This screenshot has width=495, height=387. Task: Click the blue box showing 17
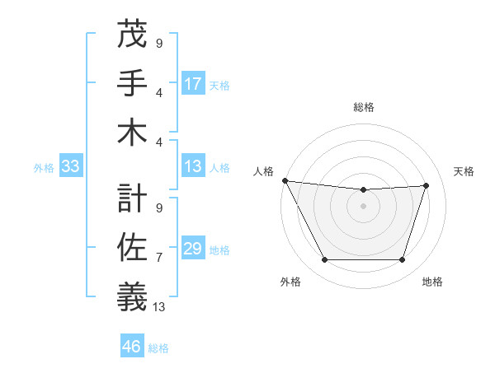193,84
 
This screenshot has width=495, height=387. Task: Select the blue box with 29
193,249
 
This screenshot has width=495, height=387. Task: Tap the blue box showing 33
71,167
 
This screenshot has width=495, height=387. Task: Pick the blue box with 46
132,347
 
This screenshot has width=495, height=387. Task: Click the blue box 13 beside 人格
193,167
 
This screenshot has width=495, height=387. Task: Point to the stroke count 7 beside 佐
159,258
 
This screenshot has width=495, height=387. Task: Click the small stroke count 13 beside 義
160,307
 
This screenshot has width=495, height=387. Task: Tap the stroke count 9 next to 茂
159,43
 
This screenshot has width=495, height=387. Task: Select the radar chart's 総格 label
363,107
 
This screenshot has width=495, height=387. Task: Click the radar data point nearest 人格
285,180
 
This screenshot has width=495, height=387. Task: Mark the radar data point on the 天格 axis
426,185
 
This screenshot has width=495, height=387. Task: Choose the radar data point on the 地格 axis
402,259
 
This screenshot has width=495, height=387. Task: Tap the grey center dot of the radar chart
363,206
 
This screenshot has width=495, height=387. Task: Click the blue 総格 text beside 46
158,348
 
